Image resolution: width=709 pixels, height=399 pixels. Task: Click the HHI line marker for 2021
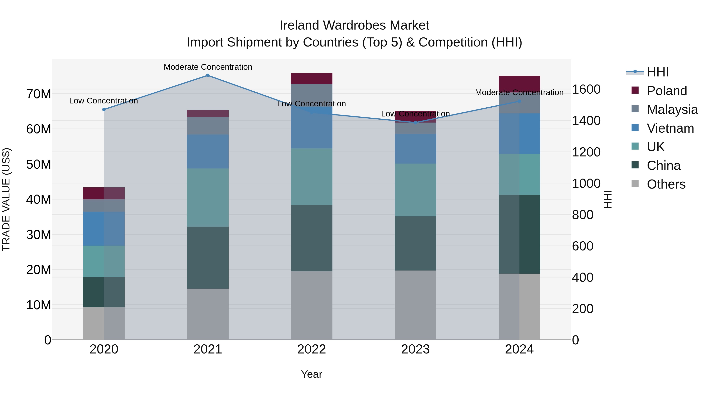click(x=208, y=75)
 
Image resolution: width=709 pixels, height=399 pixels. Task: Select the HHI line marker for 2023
click(x=416, y=123)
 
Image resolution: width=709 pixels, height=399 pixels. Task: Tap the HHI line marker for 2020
click(x=104, y=110)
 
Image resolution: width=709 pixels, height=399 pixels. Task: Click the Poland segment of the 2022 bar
click(x=312, y=78)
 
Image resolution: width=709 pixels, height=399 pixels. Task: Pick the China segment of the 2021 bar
click(x=208, y=258)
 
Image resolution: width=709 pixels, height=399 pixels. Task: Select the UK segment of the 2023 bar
click(x=415, y=190)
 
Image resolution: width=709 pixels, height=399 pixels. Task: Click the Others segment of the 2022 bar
click(x=312, y=305)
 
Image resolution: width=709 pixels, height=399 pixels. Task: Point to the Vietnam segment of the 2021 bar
click(x=208, y=152)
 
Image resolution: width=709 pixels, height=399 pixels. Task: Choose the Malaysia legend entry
click(x=672, y=110)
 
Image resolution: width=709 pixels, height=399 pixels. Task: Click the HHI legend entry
click(x=658, y=72)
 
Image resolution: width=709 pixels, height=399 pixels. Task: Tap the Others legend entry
click(x=666, y=184)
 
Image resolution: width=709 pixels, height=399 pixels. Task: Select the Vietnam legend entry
click(x=670, y=128)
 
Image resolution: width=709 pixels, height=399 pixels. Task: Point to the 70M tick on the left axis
click(x=39, y=94)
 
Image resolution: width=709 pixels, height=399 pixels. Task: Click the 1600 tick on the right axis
click(x=586, y=89)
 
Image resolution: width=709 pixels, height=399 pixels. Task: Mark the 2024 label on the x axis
click(x=519, y=349)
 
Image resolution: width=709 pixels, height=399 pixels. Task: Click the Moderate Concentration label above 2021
click(x=208, y=67)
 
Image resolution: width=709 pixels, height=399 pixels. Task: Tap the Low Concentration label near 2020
click(x=103, y=101)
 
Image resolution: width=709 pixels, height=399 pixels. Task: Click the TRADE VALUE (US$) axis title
click(x=6, y=199)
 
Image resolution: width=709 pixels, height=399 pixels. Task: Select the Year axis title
click(x=312, y=374)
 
